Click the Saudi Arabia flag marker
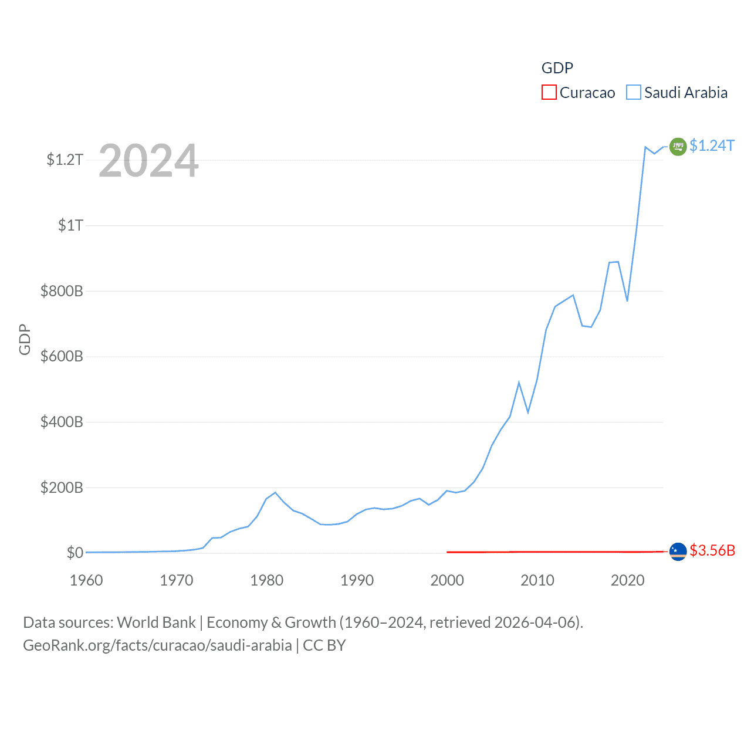pos(678,146)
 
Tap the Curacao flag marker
pos(678,552)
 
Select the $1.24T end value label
pos(712,146)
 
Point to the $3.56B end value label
pos(712,551)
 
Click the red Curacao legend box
pos(549,93)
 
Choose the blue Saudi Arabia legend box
pos(634,93)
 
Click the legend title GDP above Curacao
pos(557,68)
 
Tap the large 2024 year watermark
pos(148,161)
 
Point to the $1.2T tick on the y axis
pos(65,160)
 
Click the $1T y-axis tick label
pos(70,225)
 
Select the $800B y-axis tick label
pos(62,291)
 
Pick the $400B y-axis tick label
pos(62,422)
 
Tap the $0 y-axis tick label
pos(75,553)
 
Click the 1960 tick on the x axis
pos(86,580)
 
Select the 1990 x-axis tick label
pos(357,580)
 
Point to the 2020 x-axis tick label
pos(627,580)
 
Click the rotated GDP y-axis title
pos(25,339)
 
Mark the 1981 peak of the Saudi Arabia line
pos(275,492)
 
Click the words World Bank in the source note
pos(157,623)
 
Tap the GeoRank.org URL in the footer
pos(157,645)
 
